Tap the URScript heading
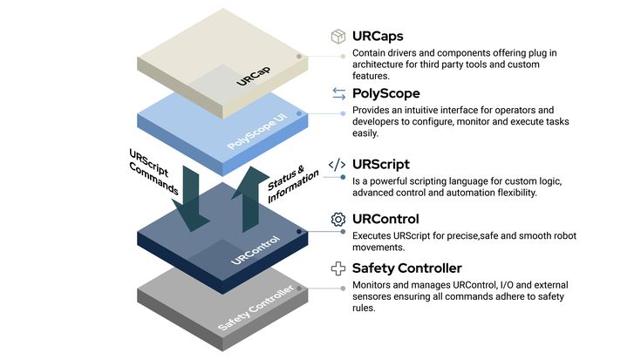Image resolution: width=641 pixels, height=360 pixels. coord(381,164)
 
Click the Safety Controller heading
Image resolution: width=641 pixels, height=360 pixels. coord(407,268)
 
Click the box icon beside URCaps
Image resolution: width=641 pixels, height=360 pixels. coord(338,37)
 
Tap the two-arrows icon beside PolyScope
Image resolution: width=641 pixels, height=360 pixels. coord(338,92)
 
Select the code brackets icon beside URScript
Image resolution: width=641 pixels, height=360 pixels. coord(338,164)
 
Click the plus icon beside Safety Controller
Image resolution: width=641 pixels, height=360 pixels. coord(338,268)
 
